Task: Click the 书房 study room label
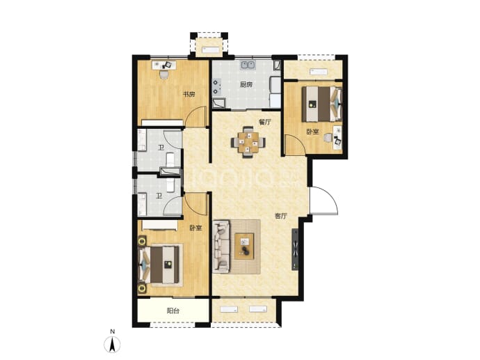(x=189, y=95)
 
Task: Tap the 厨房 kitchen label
(x=246, y=84)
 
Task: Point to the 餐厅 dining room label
(x=265, y=122)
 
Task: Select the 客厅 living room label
(x=281, y=216)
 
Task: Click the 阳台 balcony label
(x=173, y=311)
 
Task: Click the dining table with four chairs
(x=248, y=142)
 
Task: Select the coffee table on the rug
(x=244, y=246)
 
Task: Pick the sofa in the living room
(x=221, y=246)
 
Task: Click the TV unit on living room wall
(x=295, y=249)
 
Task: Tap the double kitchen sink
(x=248, y=65)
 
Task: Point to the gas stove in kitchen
(x=217, y=86)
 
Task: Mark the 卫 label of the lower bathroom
(x=159, y=196)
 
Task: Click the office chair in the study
(x=163, y=75)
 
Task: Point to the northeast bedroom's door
(x=294, y=145)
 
